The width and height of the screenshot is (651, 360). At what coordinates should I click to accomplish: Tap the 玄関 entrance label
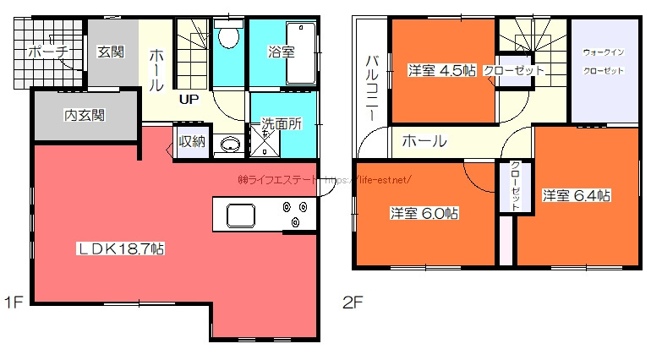click(111, 52)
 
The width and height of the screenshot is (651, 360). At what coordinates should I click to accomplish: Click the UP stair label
click(188, 100)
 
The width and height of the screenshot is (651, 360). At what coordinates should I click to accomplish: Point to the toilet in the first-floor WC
click(227, 38)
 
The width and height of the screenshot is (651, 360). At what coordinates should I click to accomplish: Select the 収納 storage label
click(192, 141)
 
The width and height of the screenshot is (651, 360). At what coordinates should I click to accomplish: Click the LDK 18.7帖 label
click(121, 249)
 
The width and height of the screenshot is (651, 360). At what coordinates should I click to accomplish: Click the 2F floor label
click(353, 303)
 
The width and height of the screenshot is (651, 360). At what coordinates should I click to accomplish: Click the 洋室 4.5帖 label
click(441, 69)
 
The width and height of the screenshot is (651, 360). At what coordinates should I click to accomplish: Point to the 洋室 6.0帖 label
click(424, 214)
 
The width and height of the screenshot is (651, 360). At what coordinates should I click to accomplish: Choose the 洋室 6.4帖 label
click(577, 195)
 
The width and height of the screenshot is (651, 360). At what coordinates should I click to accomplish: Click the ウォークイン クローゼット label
click(604, 62)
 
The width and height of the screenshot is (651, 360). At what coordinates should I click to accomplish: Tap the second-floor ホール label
click(424, 141)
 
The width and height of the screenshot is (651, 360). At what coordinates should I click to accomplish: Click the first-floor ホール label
click(156, 70)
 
